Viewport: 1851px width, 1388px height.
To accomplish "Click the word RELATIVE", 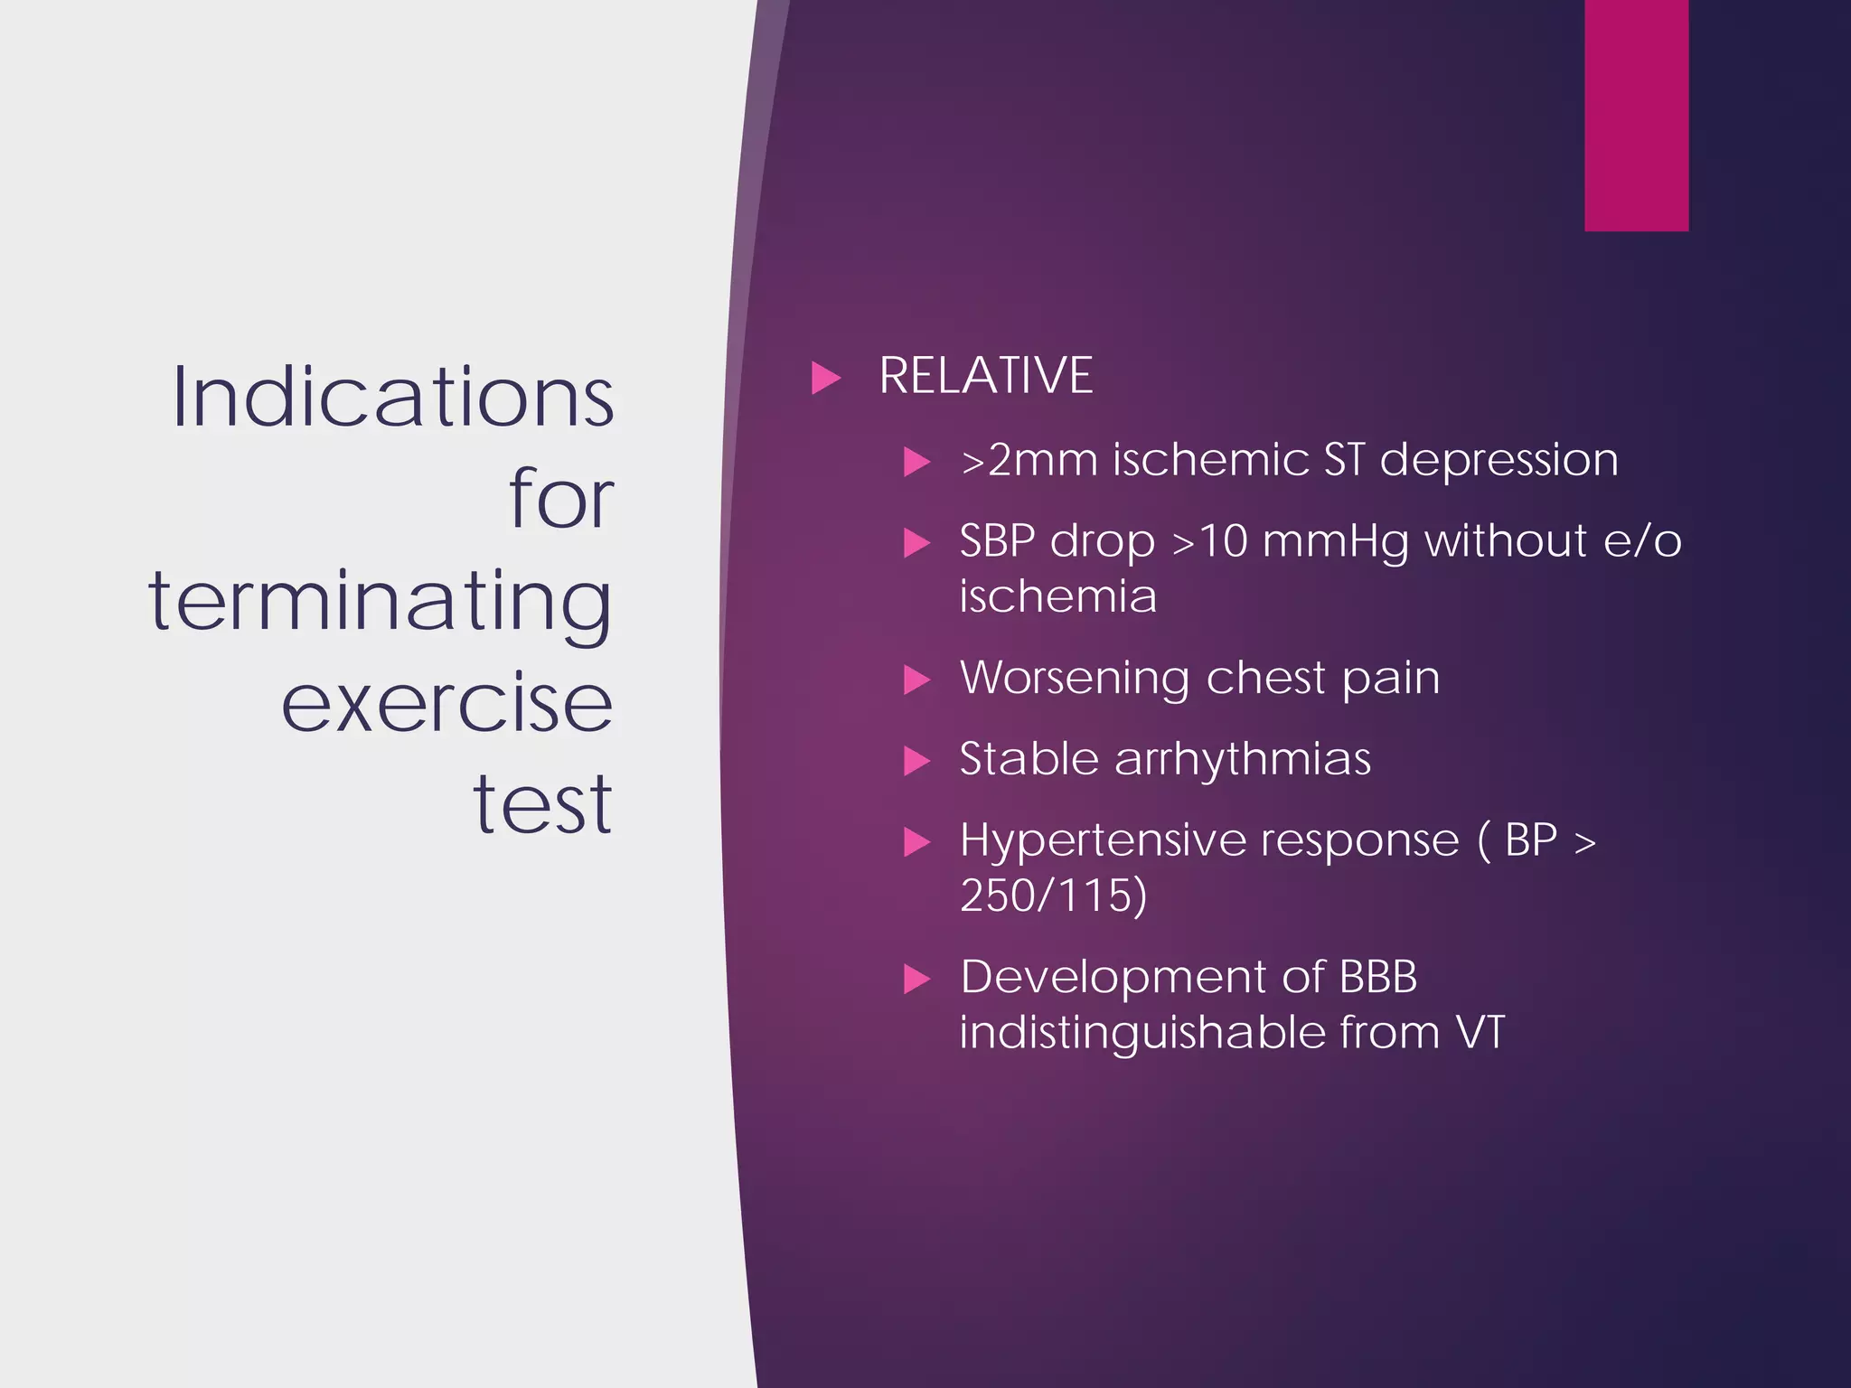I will coord(985,376).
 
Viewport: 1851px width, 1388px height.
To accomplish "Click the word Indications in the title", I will coord(393,398).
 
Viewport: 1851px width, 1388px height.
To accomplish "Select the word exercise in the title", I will coord(446,703).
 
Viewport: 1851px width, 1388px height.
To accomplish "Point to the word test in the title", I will coord(542,804).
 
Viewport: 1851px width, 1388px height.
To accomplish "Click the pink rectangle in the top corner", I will coord(1636,115).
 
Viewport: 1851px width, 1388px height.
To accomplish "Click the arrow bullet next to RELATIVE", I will coord(825,378).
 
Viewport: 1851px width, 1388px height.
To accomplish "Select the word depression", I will coord(1498,461).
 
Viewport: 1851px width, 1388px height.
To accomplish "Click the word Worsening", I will coord(1074,678).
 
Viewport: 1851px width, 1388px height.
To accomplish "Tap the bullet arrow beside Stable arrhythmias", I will coord(916,761).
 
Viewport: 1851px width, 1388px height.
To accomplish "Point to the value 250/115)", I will coord(1053,896).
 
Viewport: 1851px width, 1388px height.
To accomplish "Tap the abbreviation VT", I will coord(1480,1032).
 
